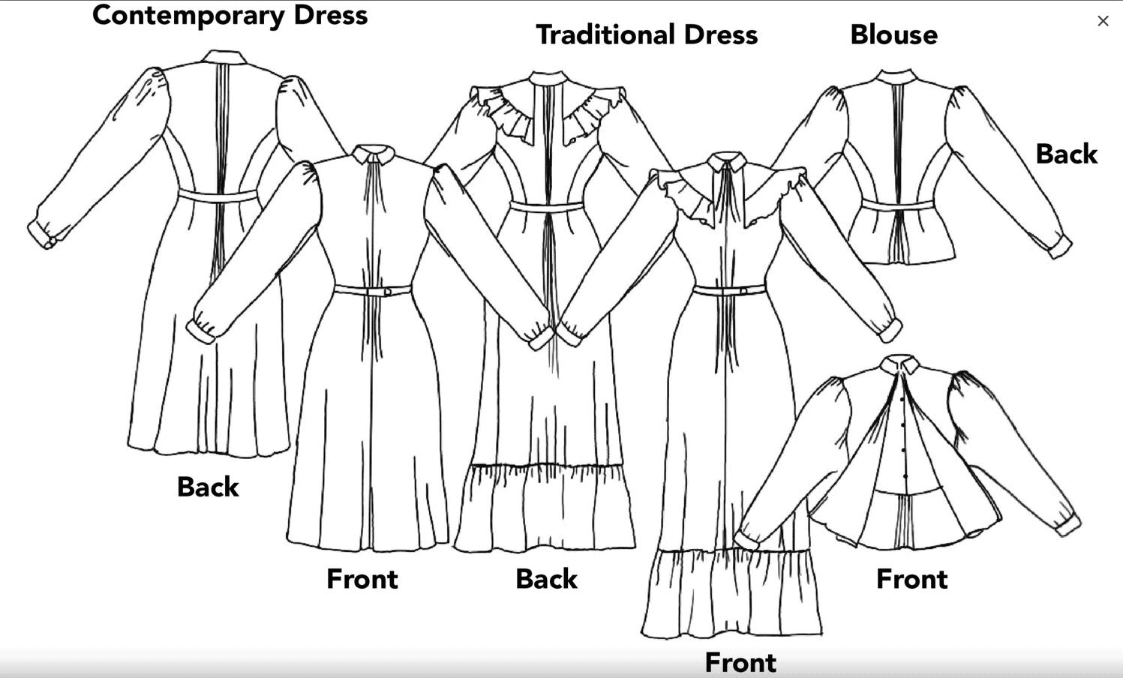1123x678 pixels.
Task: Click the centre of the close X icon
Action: (1103, 21)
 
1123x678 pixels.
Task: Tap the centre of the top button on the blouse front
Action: (903, 400)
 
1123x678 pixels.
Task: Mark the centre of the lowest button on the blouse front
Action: (905, 475)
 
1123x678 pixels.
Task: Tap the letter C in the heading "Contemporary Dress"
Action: (103, 16)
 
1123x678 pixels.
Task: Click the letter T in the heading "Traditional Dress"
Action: (545, 35)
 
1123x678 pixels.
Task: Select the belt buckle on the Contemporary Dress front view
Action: (387, 291)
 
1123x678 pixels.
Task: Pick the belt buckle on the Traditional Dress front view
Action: (743, 291)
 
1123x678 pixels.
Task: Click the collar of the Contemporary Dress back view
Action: (224, 57)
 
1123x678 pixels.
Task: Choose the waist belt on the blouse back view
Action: (897, 205)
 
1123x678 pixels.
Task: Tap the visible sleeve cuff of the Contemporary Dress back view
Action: (41, 235)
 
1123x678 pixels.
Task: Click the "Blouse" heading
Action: (894, 35)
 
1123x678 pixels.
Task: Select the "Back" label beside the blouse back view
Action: (1066, 154)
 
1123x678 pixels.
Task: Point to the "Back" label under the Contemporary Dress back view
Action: (208, 487)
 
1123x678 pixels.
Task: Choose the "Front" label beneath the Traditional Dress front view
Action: (740, 662)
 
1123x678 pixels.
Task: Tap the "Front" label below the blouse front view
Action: (912, 579)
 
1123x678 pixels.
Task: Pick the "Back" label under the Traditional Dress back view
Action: (546, 579)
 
